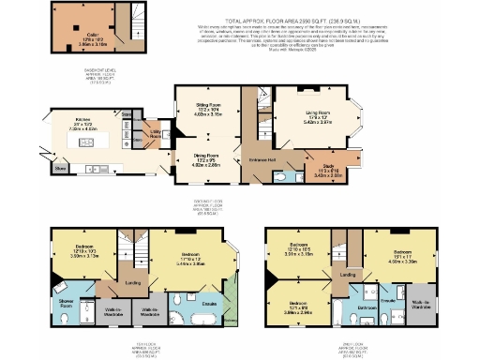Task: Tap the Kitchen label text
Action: coord(82,120)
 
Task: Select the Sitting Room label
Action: coord(194,111)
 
